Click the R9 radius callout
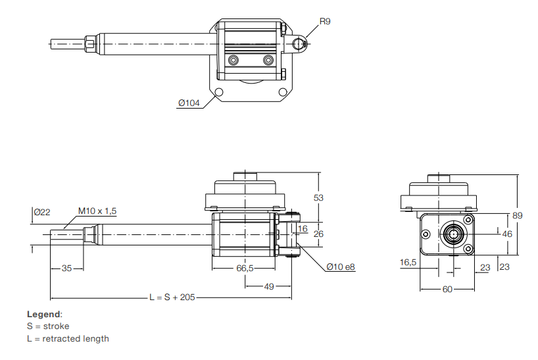pos(325,22)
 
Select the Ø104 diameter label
pos(189,103)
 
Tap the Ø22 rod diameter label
pos(42,211)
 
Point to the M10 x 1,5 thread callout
pos(97,211)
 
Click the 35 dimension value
pos(67,269)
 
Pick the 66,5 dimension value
pos(245,269)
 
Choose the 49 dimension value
pos(270,286)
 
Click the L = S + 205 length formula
pos(173,297)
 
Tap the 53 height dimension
pos(318,197)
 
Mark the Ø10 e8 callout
pos(341,267)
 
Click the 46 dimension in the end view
pos(507,234)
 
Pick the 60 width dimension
pos(447,288)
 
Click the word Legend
pos(44,314)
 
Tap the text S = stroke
pos(47,326)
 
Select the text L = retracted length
pos(68,338)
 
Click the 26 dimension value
pos(319,234)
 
